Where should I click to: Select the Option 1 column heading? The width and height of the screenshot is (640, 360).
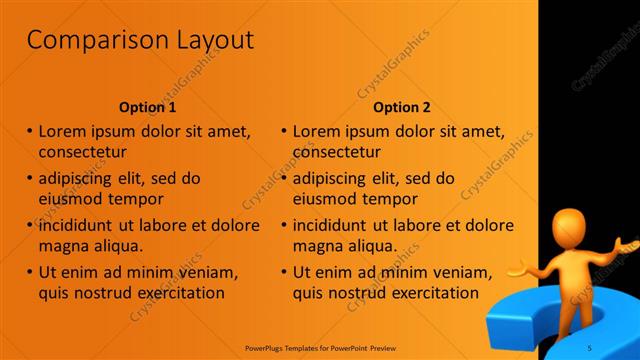(x=148, y=107)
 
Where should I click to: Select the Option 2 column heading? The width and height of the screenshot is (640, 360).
(x=402, y=107)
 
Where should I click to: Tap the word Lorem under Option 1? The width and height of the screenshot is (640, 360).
(x=63, y=131)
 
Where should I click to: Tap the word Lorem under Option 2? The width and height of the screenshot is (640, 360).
(x=317, y=131)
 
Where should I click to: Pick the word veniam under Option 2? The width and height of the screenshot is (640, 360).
(x=461, y=271)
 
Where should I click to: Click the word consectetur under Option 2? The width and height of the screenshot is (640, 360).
(x=337, y=153)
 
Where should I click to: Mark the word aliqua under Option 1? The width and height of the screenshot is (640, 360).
(x=118, y=246)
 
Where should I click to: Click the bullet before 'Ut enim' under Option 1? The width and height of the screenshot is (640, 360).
(x=29, y=271)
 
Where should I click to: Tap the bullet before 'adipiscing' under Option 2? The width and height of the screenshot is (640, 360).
(x=284, y=178)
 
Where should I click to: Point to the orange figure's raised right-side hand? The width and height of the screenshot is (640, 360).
(x=627, y=243)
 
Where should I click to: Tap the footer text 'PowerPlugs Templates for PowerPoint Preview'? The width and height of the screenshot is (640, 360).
(x=320, y=349)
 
